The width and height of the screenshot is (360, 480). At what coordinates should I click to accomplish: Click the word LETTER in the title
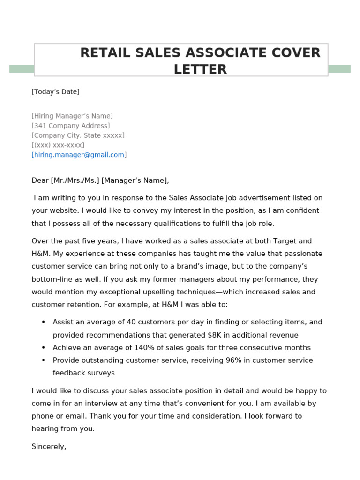click(x=200, y=69)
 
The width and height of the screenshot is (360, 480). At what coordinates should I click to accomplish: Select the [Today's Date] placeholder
click(x=55, y=92)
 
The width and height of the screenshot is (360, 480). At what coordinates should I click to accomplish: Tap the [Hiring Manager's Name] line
click(x=72, y=116)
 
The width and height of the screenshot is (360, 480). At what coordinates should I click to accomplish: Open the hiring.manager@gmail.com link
click(x=78, y=155)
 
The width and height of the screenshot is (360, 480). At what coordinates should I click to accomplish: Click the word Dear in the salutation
click(x=40, y=180)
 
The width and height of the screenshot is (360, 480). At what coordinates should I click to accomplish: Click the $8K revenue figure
click(x=214, y=335)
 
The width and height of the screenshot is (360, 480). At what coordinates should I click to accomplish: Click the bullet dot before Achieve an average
click(x=44, y=347)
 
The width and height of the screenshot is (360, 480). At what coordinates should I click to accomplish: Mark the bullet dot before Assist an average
click(x=44, y=322)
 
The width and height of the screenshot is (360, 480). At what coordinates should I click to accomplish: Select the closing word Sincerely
click(x=49, y=447)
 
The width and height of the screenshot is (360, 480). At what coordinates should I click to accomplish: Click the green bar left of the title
click(x=22, y=69)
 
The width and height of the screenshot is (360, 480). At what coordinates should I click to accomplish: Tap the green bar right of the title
click(x=339, y=69)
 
